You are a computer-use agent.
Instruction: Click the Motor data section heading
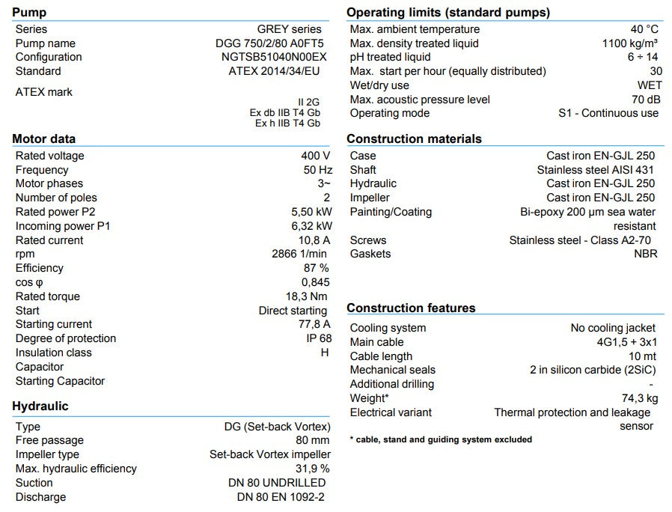tap(43, 138)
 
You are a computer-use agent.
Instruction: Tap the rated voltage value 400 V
tap(315, 156)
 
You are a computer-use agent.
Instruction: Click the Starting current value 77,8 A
tap(314, 324)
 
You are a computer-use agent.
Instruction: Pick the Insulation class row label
tap(53, 353)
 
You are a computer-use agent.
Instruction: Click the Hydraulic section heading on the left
tap(40, 406)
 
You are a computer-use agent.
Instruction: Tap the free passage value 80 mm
tap(312, 440)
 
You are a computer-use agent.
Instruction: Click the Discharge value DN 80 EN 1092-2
tap(281, 497)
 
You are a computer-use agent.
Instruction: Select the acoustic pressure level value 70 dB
tap(645, 100)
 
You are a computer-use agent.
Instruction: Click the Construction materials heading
tap(414, 138)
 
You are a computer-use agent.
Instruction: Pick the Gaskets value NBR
tap(645, 254)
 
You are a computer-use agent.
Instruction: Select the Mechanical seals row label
tap(392, 370)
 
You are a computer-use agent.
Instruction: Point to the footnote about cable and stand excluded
tap(441, 439)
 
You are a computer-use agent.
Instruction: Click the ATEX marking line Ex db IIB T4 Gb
tap(285, 113)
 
